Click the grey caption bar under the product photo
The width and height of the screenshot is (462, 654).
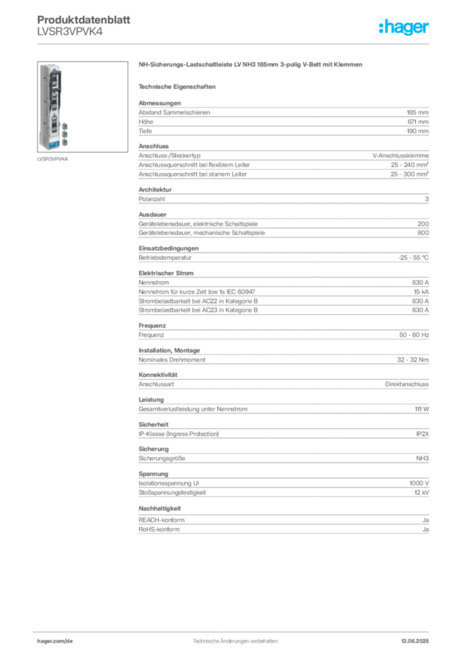(x=53, y=159)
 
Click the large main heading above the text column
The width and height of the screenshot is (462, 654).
(x=252, y=66)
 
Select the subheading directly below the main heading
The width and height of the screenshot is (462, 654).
(x=178, y=86)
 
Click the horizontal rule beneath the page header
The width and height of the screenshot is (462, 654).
(x=234, y=43)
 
